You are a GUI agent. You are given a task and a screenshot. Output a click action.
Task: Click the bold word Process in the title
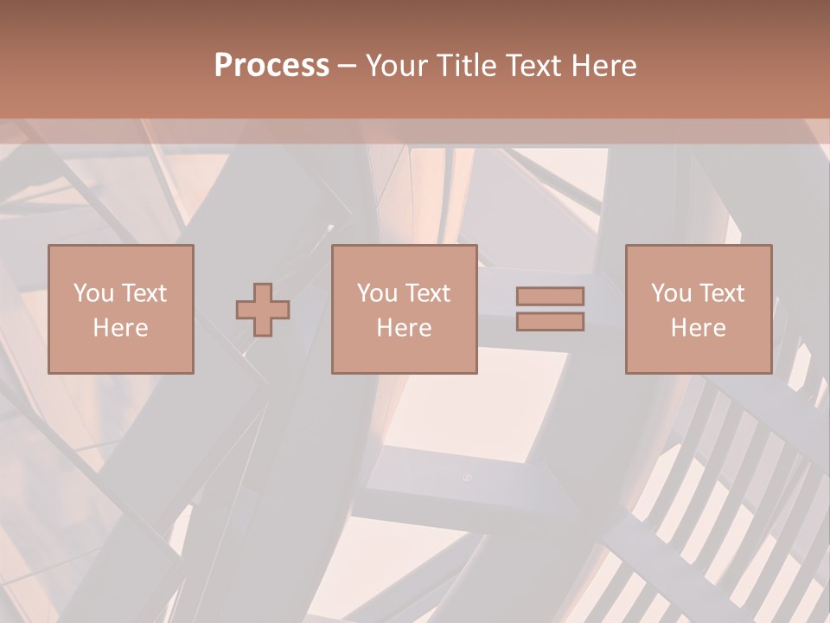click(x=271, y=66)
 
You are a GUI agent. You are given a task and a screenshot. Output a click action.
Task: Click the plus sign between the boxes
click(x=263, y=310)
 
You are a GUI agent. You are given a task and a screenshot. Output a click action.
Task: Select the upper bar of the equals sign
click(x=550, y=296)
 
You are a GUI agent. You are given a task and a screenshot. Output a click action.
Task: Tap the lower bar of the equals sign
click(x=550, y=322)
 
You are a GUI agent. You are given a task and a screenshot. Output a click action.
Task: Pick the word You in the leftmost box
click(x=93, y=293)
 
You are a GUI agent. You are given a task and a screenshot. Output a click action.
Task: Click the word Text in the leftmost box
click(x=144, y=293)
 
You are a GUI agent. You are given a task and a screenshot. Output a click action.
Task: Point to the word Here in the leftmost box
click(x=120, y=328)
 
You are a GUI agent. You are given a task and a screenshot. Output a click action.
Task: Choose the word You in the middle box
click(x=377, y=293)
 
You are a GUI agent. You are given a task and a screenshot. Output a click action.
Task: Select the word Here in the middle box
click(x=404, y=328)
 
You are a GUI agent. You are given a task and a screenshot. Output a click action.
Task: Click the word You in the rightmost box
click(x=671, y=293)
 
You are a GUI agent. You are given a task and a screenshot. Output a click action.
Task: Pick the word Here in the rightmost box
click(x=698, y=328)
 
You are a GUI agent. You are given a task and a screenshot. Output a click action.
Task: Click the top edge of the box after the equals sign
click(x=699, y=246)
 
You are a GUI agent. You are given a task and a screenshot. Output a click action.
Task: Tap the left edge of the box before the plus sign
click(x=48, y=310)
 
